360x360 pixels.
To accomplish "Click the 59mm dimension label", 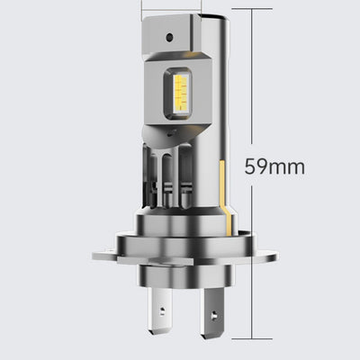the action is click(274, 166).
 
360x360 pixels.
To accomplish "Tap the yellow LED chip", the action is click(181, 92).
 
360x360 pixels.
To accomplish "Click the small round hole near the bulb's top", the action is click(170, 37).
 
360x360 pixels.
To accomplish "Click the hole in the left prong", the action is click(162, 310).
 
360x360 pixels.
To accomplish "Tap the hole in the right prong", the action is click(214, 315).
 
